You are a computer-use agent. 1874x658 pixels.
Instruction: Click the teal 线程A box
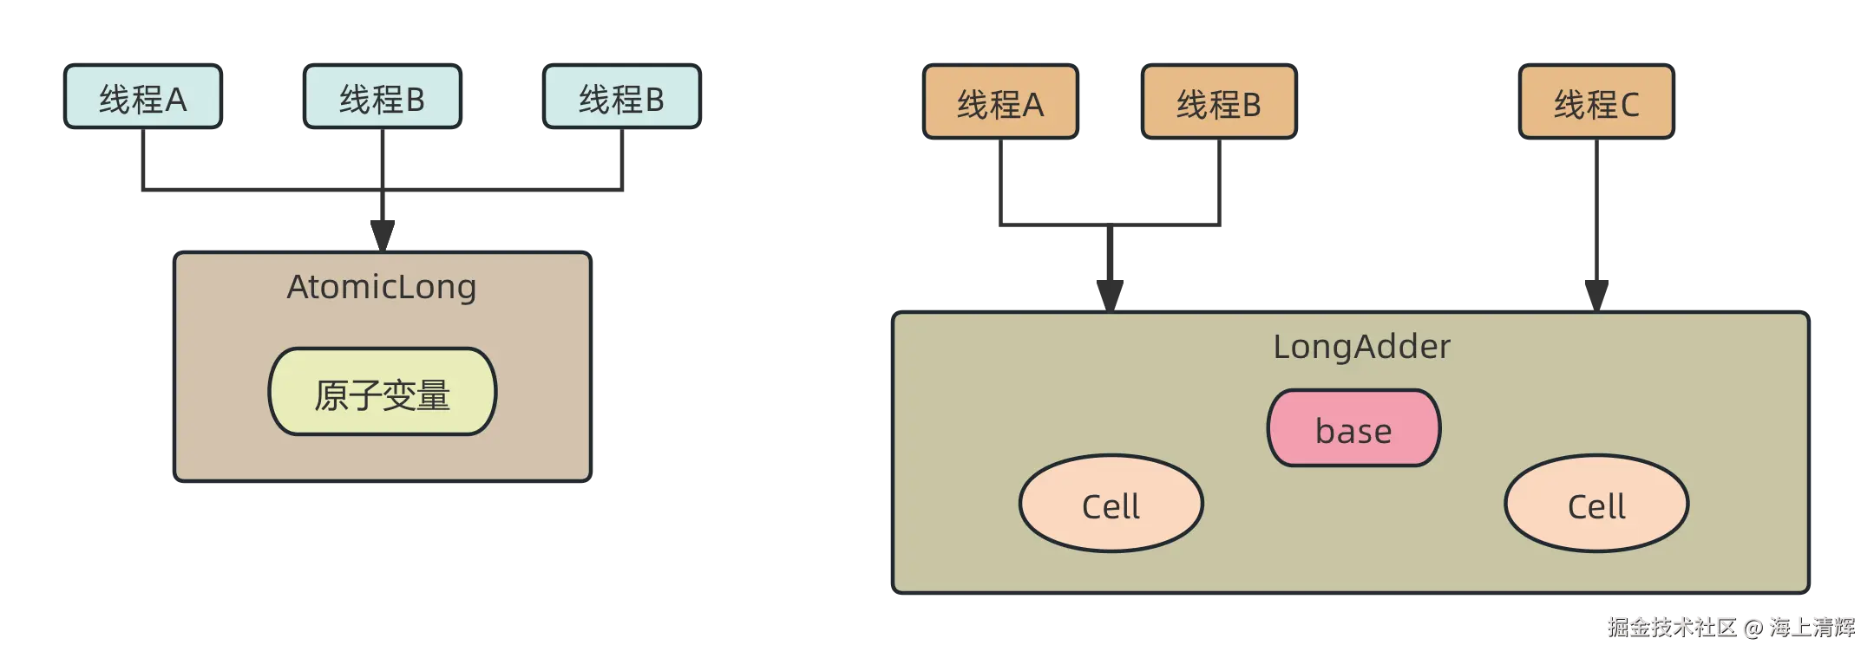pos(143,98)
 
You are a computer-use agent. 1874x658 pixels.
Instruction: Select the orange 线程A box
pos(999,103)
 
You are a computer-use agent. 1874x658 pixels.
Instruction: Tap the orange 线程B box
pos(1218,103)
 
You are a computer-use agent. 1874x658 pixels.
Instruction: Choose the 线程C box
pos(1596,103)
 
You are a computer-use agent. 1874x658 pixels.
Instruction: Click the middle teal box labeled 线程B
pos(382,98)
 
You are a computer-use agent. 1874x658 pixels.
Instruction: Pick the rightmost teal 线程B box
pos(621,98)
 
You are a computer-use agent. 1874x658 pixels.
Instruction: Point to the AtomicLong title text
pos(382,287)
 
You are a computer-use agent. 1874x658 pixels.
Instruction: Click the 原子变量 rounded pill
pos(382,393)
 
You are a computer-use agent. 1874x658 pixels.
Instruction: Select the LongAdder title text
pos(1360,347)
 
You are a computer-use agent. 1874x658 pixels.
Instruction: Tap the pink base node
pos(1353,429)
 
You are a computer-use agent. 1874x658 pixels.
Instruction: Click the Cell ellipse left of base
pos(1111,505)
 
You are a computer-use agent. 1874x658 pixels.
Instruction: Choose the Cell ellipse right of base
pos(1596,505)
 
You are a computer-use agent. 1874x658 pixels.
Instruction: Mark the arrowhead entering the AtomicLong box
pos(382,230)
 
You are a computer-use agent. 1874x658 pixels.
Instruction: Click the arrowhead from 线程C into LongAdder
pos(1596,290)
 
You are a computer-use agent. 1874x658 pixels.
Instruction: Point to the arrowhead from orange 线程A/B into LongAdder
pos(1110,291)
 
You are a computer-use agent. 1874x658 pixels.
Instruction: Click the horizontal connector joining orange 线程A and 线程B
pos(1110,225)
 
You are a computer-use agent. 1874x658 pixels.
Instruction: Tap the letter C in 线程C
pos(1629,105)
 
